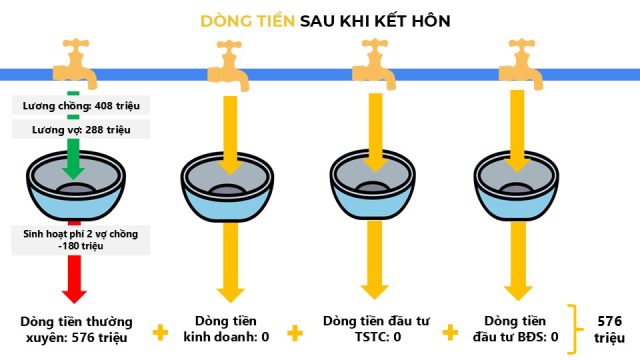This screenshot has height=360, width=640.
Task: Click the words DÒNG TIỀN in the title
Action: pos(247,21)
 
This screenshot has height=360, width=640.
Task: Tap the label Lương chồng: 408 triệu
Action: pos(81,106)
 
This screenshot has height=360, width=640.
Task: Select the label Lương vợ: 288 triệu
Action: pos(81,130)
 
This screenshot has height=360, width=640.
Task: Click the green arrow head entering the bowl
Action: pos(73,172)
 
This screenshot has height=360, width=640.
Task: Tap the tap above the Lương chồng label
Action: pos(76,63)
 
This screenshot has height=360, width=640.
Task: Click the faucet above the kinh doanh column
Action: pos(229,65)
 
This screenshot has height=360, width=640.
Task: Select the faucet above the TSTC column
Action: pos(374,64)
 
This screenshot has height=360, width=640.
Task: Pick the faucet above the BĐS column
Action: pos(521,64)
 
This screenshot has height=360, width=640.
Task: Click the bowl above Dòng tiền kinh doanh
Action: pos(227,187)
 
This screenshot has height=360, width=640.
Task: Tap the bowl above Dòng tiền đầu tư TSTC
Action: pos(373,185)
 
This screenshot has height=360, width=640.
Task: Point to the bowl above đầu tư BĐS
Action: pos(516,185)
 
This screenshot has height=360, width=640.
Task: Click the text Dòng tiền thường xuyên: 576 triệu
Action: pos(76,329)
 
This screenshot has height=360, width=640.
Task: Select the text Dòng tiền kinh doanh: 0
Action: pos(226,329)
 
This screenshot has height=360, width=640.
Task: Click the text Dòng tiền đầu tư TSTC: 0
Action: pos(376,329)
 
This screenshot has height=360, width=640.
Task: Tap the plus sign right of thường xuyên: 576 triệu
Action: pos(160,333)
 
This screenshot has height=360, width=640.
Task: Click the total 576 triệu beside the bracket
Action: pos(609,329)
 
